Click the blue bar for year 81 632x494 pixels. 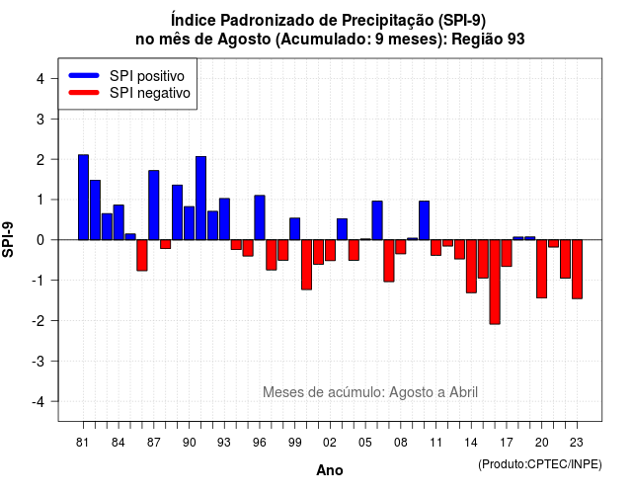[83, 198]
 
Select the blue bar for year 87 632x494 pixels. [154, 206]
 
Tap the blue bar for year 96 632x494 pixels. [260, 217]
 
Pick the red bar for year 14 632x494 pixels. [471, 266]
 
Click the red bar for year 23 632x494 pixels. [577, 269]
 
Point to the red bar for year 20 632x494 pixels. [542, 269]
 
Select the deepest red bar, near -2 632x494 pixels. [495, 282]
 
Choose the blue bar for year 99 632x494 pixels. [294, 229]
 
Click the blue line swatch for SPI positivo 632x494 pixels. [84, 75]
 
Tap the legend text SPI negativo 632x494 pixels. [150, 93]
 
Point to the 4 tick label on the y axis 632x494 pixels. [40, 79]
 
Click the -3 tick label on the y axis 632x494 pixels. [39, 362]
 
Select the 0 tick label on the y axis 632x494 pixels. [40, 240]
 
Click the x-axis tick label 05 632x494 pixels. [365, 443]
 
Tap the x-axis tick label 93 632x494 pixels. [224, 443]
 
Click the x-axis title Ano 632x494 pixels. [330, 470]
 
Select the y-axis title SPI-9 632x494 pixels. [8, 240]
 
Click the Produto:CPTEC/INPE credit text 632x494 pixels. [540, 464]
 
